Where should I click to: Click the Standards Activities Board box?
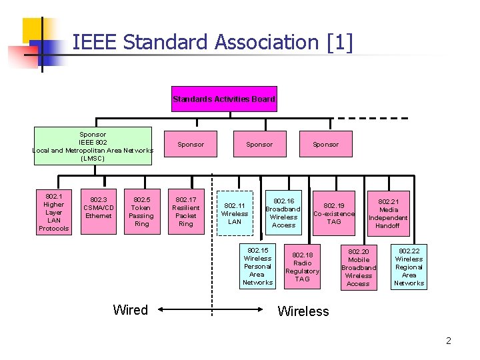tap(224, 99)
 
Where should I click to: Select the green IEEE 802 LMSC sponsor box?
tap(93, 146)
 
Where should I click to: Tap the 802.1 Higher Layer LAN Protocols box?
tap(53, 212)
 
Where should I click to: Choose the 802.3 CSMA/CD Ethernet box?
tap(99, 207)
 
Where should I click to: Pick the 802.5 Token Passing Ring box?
tap(141, 211)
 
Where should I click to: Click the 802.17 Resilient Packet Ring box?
tap(186, 211)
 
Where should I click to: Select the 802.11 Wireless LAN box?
tap(235, 213)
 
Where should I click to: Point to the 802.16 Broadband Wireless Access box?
tap(283, 213)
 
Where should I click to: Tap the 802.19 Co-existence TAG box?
tap(334, 213)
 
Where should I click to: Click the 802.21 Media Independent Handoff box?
tap(388, 213)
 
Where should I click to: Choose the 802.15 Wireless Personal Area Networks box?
tap(258, 267)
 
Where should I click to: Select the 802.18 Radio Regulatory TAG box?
tap(303, 267)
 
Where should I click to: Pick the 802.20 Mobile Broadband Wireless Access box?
tap(359, 267)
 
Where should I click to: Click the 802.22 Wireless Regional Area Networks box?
tap(409, 267)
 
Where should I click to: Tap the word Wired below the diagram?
tap(131, 310)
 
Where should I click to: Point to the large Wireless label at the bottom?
tap(303, 311)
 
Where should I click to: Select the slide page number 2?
tap(449, 341)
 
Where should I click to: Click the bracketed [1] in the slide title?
tap(340, 43)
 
